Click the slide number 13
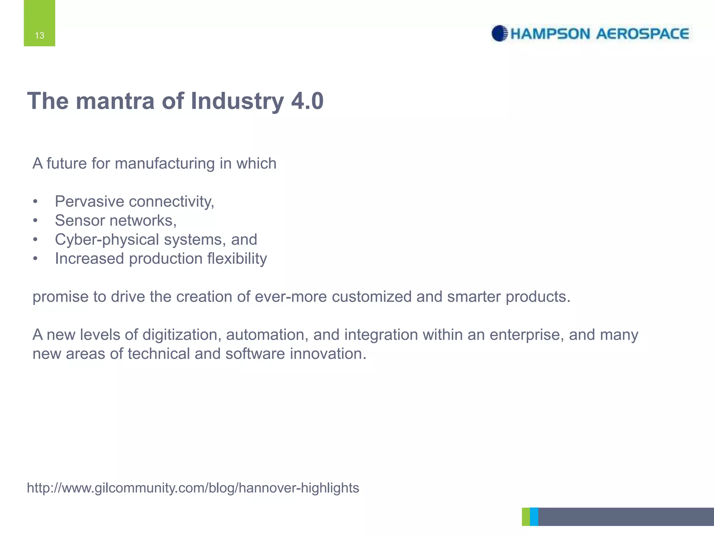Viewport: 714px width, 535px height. coord(39,36)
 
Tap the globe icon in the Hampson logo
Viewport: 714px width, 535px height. coord(499,33)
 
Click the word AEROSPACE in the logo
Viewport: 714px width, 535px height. coord(643,34)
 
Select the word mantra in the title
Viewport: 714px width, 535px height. coord(115,101)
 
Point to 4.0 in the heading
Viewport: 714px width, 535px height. coord(307,101)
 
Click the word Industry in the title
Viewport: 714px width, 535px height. coord(237,102)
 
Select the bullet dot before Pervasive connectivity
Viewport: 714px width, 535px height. coord(35,202)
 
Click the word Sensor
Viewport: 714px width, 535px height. coord(79,220)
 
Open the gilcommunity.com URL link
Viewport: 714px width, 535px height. coord(193,488)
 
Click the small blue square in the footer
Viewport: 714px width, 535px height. coord(534,517)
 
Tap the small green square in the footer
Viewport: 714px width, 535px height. coord(526,517)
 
